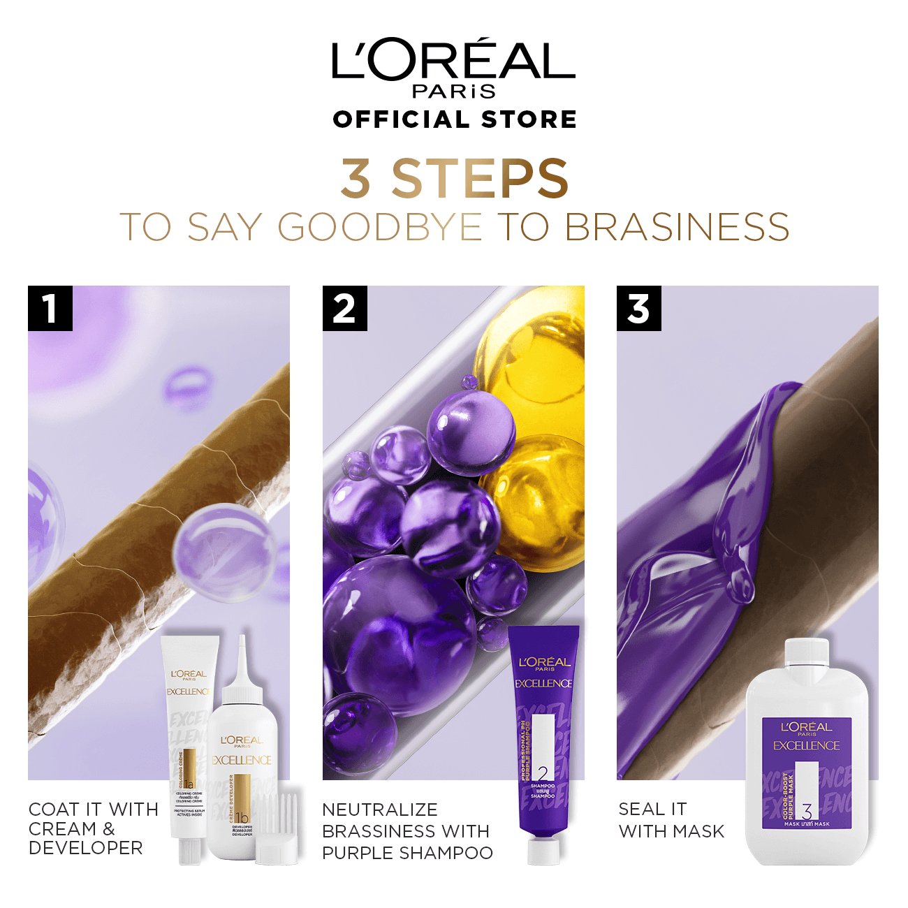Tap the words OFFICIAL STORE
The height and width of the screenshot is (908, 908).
(455, 119)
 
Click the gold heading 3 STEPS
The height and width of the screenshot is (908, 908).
(455, 178)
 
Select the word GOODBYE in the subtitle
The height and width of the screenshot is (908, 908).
(381, 227)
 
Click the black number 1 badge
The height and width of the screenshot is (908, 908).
(50, 308)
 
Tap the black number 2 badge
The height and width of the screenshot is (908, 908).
(344, 308)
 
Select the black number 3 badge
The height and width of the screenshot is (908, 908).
(639, 308)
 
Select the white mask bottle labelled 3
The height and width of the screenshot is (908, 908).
(807, 754)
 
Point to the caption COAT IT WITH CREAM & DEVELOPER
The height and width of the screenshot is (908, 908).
(94, 828)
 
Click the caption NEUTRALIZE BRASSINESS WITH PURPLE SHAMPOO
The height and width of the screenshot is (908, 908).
(407, 831)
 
